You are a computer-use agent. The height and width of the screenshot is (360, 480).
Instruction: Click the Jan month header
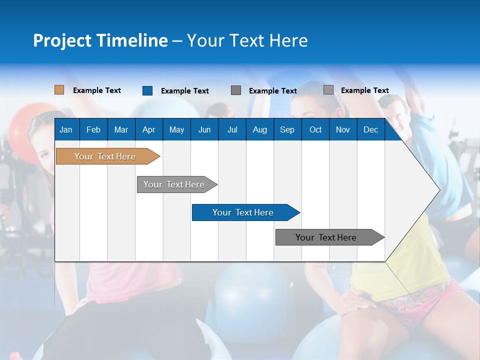(x=66, y=129)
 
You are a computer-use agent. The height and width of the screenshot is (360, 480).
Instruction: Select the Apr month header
(x=148, y=129)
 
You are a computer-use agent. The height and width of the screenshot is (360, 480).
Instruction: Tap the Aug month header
(x=259, y=129)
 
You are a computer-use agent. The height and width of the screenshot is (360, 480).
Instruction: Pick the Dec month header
(x=370, y=129)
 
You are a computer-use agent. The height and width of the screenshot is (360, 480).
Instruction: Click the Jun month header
(x=204, y=129)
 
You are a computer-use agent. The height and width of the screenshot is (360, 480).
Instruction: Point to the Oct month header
(x=315, y=129)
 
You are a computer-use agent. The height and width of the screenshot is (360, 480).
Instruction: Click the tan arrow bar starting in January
(x=105, y=156)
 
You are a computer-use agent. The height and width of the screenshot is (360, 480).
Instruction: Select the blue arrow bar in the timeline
(x=243, y=212)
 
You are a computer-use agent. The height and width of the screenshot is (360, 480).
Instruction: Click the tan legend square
(x=59, y=90)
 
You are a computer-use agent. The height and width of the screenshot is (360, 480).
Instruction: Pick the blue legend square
(x=147, y=90)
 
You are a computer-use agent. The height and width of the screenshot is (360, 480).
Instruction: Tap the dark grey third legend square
(x=236, y=90)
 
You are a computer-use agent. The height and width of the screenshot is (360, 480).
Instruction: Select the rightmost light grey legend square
(x=328, y=90)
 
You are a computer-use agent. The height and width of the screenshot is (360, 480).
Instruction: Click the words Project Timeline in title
(x=100, y=40)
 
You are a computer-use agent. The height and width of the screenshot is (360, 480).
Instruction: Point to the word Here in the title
(x=288, y=40)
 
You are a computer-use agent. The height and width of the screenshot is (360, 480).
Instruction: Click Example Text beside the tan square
(x=97, y=90)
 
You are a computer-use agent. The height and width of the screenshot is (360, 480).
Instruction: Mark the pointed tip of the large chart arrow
(x=438, y=189)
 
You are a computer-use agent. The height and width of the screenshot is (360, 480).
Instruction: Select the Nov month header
(x=343, y=129)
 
